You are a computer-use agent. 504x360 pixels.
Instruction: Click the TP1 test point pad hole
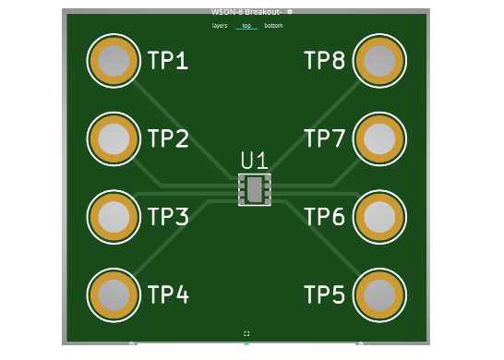pos(114,60)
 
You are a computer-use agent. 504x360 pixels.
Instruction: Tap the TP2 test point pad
pos(114,138)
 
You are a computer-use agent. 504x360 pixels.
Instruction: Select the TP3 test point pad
pos(114,217)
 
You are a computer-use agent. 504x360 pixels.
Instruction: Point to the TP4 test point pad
pos(114,295)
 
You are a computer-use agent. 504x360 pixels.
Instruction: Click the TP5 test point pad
pos(379,295)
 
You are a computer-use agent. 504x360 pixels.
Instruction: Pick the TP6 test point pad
pos(379,217)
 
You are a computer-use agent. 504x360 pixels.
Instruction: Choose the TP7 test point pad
pos(379,138)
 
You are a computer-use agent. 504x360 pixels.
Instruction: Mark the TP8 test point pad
pos(379,60)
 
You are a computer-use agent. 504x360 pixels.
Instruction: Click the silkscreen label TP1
pos(168,60)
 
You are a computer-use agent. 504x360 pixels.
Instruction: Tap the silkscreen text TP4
pos(168,294)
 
